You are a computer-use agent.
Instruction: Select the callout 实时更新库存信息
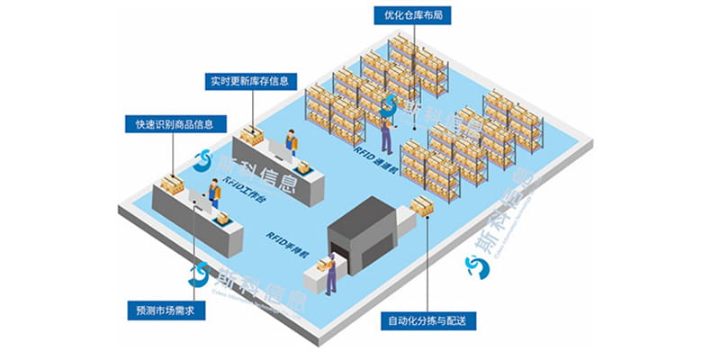[x=250, y=82]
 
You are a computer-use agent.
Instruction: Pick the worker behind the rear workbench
[x=291, y=145]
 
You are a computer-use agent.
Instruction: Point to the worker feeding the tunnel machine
[x=330, y=274]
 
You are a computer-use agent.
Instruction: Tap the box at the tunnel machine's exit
[x=421, y=206]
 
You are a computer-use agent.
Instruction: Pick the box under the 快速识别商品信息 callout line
[x=170, y=184]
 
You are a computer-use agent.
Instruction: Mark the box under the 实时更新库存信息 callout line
[x=251, y=136]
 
